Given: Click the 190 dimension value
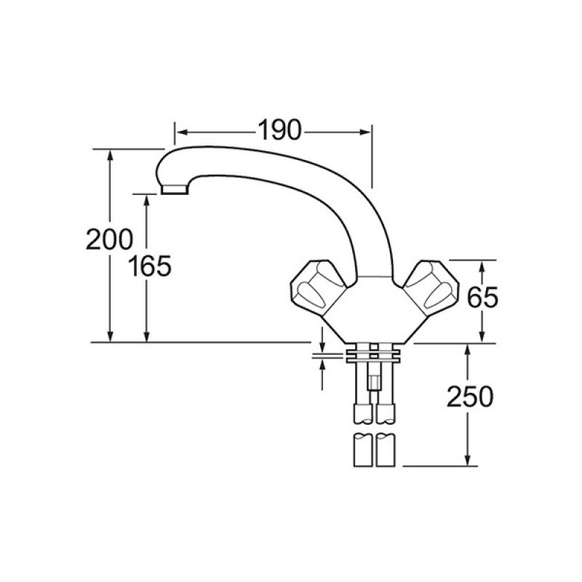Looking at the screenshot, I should click(279, 131).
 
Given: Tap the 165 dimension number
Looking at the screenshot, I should click(150, 267).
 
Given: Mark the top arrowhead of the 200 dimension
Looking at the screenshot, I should click(111, 154).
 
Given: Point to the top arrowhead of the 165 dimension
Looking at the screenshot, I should click(148, 199).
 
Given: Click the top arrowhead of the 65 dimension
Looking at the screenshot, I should click(482, 264).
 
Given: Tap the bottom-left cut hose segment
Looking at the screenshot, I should click(362, 450).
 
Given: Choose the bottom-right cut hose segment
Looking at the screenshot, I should click(386, 450).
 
